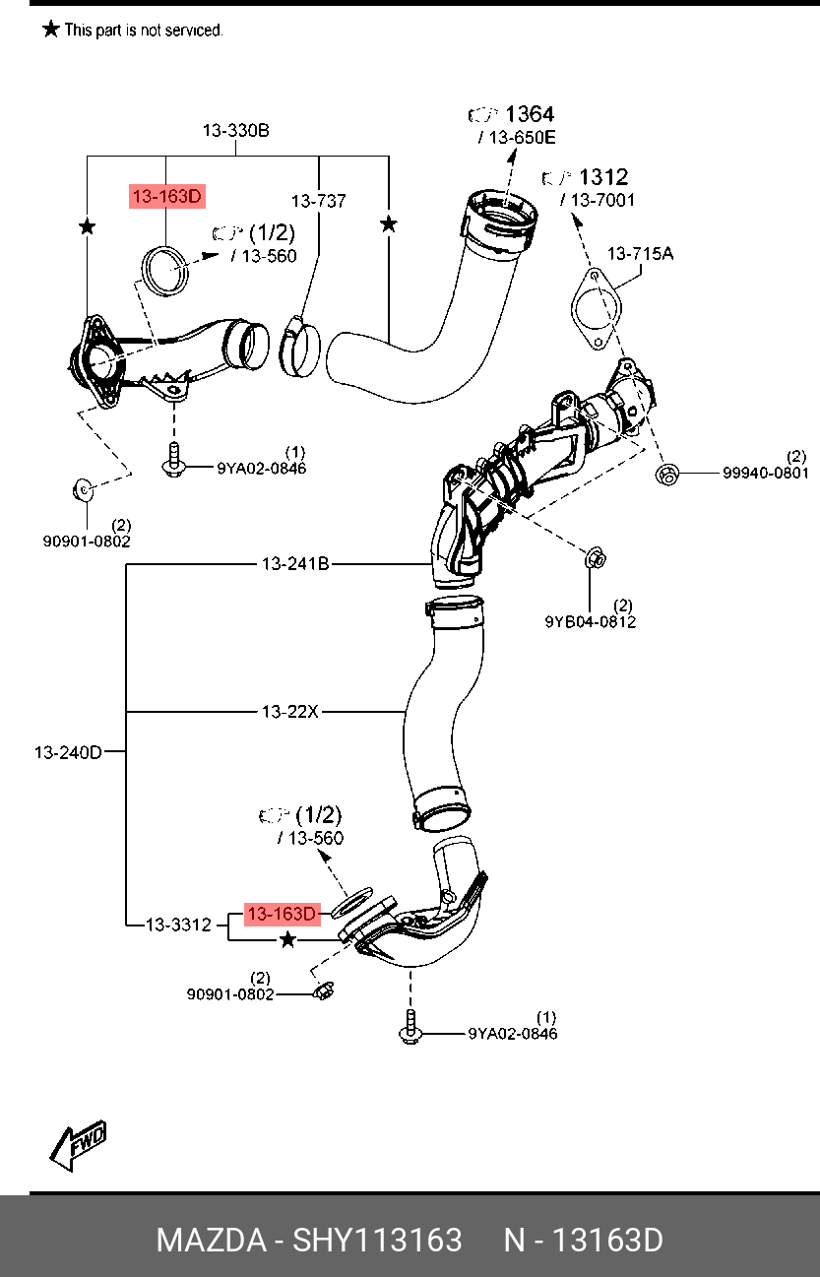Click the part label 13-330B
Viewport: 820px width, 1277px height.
pyautogui.click(x=236, y=130)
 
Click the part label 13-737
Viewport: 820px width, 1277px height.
pyautogui.click(x=318, y=201)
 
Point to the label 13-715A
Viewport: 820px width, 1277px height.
pyautogui.click(x=640, y=254)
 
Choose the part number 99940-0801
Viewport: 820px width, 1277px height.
pyautogui.click(x=765, y=473)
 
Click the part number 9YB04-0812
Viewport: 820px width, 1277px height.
pyautogui.click(x=590, y=621)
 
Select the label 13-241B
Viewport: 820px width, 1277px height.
pyautogui.click(x=295, y=564)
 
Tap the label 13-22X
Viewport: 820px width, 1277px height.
pyautogui.click(x=289, y=711)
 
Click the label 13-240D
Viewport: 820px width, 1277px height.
pyautogui.click(x=68, y=752)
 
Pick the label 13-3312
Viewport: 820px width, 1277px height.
pyautogui.click(x=178, y=925)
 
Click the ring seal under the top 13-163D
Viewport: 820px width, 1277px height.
pyautogui.click(x=165, y=271)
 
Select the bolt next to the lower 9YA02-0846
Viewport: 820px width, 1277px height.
pyautogui.click(x=409, y=1030)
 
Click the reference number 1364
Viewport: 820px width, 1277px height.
pyautogui.click(x=529, y=114)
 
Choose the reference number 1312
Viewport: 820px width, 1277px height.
pyautogui.click(x=602, y=177)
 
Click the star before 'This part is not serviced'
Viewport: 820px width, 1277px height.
pyautogui.click(x=51, y=30)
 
